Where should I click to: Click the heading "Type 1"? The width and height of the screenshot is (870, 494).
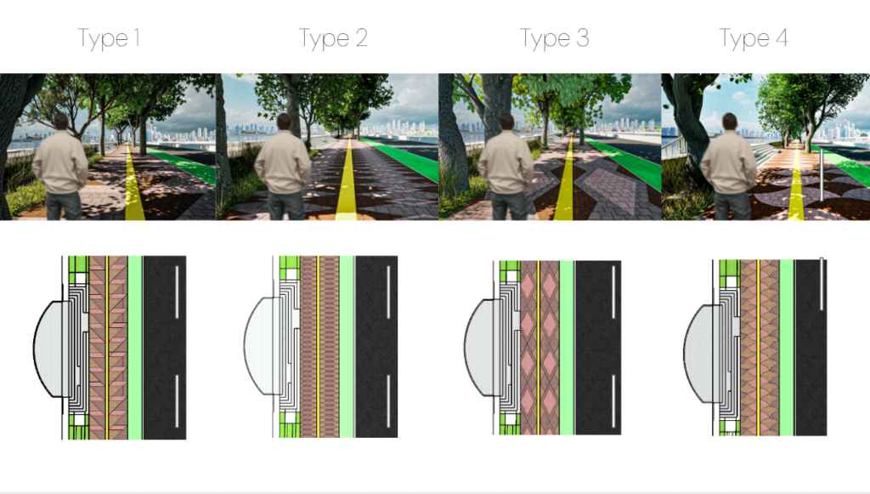pyautogui.click(x=109, y=39)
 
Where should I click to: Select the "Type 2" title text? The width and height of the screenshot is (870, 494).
pyautogui.click(x=333, y=39)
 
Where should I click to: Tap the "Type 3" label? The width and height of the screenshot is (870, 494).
pyautogui.click(x=554, y=39)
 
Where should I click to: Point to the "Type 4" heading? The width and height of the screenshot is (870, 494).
pyautogui.click(x=754, y=39)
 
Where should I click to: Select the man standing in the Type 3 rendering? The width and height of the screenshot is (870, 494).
pyautogui.click(x=506, y=167)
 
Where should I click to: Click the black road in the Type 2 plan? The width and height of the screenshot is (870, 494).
pyautogui.click(x=376, y=346)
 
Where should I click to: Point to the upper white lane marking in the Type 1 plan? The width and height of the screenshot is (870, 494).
pyautogui.click(x=177, y=292)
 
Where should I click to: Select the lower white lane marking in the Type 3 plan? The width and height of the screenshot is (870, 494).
pyautogui.click(x=613, y=400)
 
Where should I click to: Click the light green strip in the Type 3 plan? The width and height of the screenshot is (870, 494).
pyautogui.click(x=567, y=348)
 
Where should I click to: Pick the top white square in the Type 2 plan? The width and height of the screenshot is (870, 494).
pyautogui.click(x=291, y=274)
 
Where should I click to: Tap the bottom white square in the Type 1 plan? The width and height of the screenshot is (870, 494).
pyautogui.click(x=80, y=420)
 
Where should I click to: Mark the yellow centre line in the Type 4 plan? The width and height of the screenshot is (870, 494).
pyautogui.click(x=759, y=348)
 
